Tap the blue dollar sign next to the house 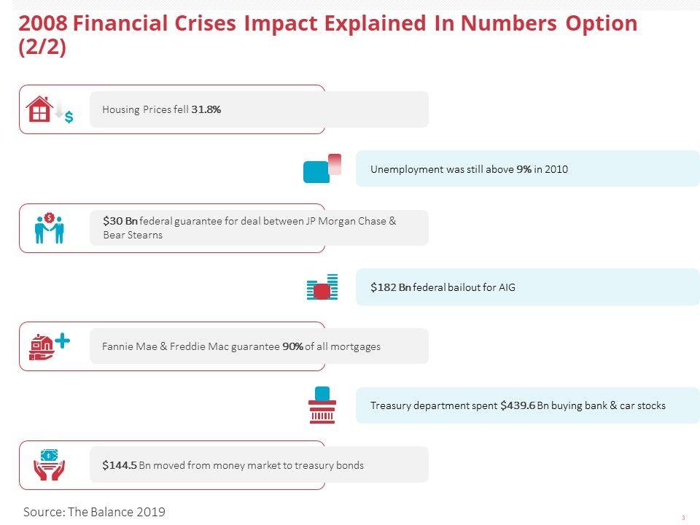pos(69,117)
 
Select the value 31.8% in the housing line pos(206,109)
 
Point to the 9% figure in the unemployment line pos(524,169)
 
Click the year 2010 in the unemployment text pos(556,169)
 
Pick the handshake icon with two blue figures pos(50,228)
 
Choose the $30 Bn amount pos(120,221)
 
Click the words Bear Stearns pos(133,235)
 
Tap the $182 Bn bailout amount pos(391,287)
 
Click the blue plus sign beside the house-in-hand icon pos(63,341)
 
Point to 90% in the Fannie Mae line pos(292,346)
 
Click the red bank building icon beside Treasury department pos(322,411)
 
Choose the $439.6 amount pos(518,405)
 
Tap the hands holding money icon pos(49,464)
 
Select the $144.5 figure pos(120,465)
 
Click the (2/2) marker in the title pos(42,47)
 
